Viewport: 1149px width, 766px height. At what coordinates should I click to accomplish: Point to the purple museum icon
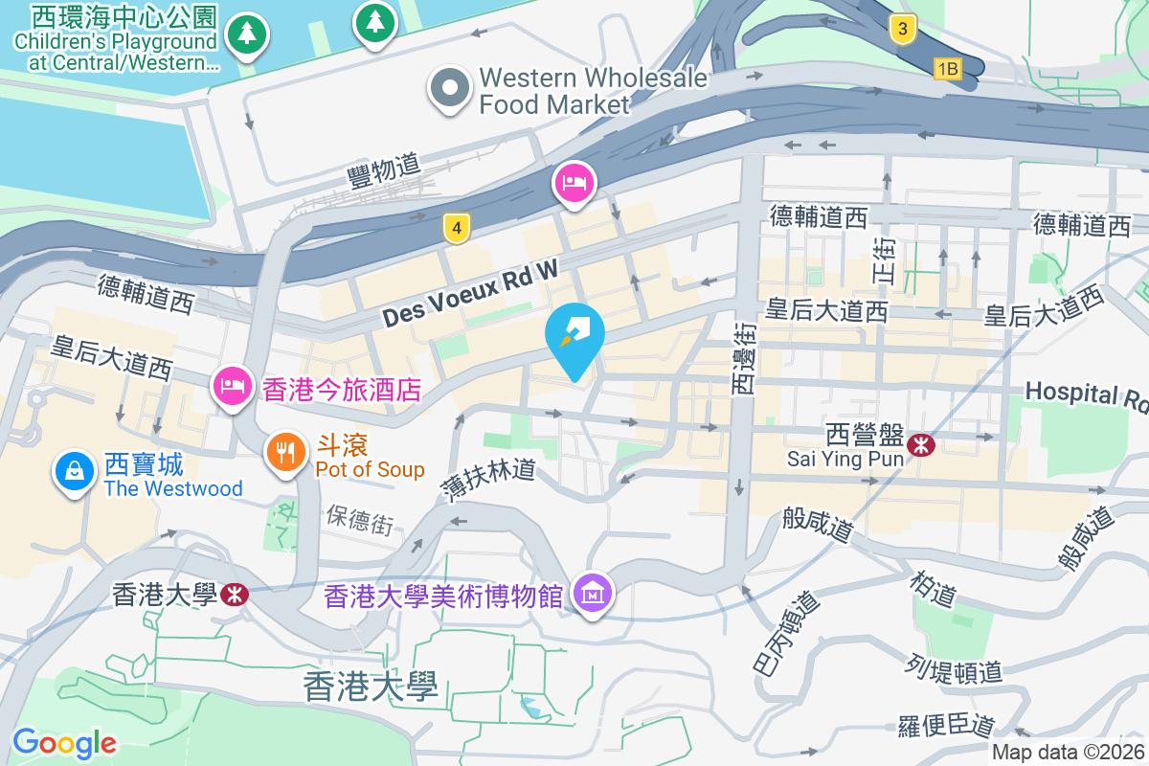[x=593, y=594]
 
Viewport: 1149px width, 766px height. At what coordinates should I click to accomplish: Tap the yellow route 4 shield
[x=458, y=228]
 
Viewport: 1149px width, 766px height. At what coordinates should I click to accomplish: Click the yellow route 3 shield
[x=900, y=28]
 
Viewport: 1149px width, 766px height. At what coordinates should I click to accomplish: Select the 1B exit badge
[x=947, y=68]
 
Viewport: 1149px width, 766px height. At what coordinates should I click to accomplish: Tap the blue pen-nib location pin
[x=574, y=334]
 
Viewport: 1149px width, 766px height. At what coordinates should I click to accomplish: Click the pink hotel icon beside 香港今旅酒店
[x=232, y=387]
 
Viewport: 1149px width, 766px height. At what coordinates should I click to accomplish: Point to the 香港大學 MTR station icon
[x=232, y=595]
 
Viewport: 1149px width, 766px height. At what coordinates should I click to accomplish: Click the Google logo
[x=64, y=742]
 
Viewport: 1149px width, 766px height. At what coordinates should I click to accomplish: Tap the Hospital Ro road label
[x=1086, y=394]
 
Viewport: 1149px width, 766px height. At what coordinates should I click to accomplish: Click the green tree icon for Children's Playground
[x=247, y=34]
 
